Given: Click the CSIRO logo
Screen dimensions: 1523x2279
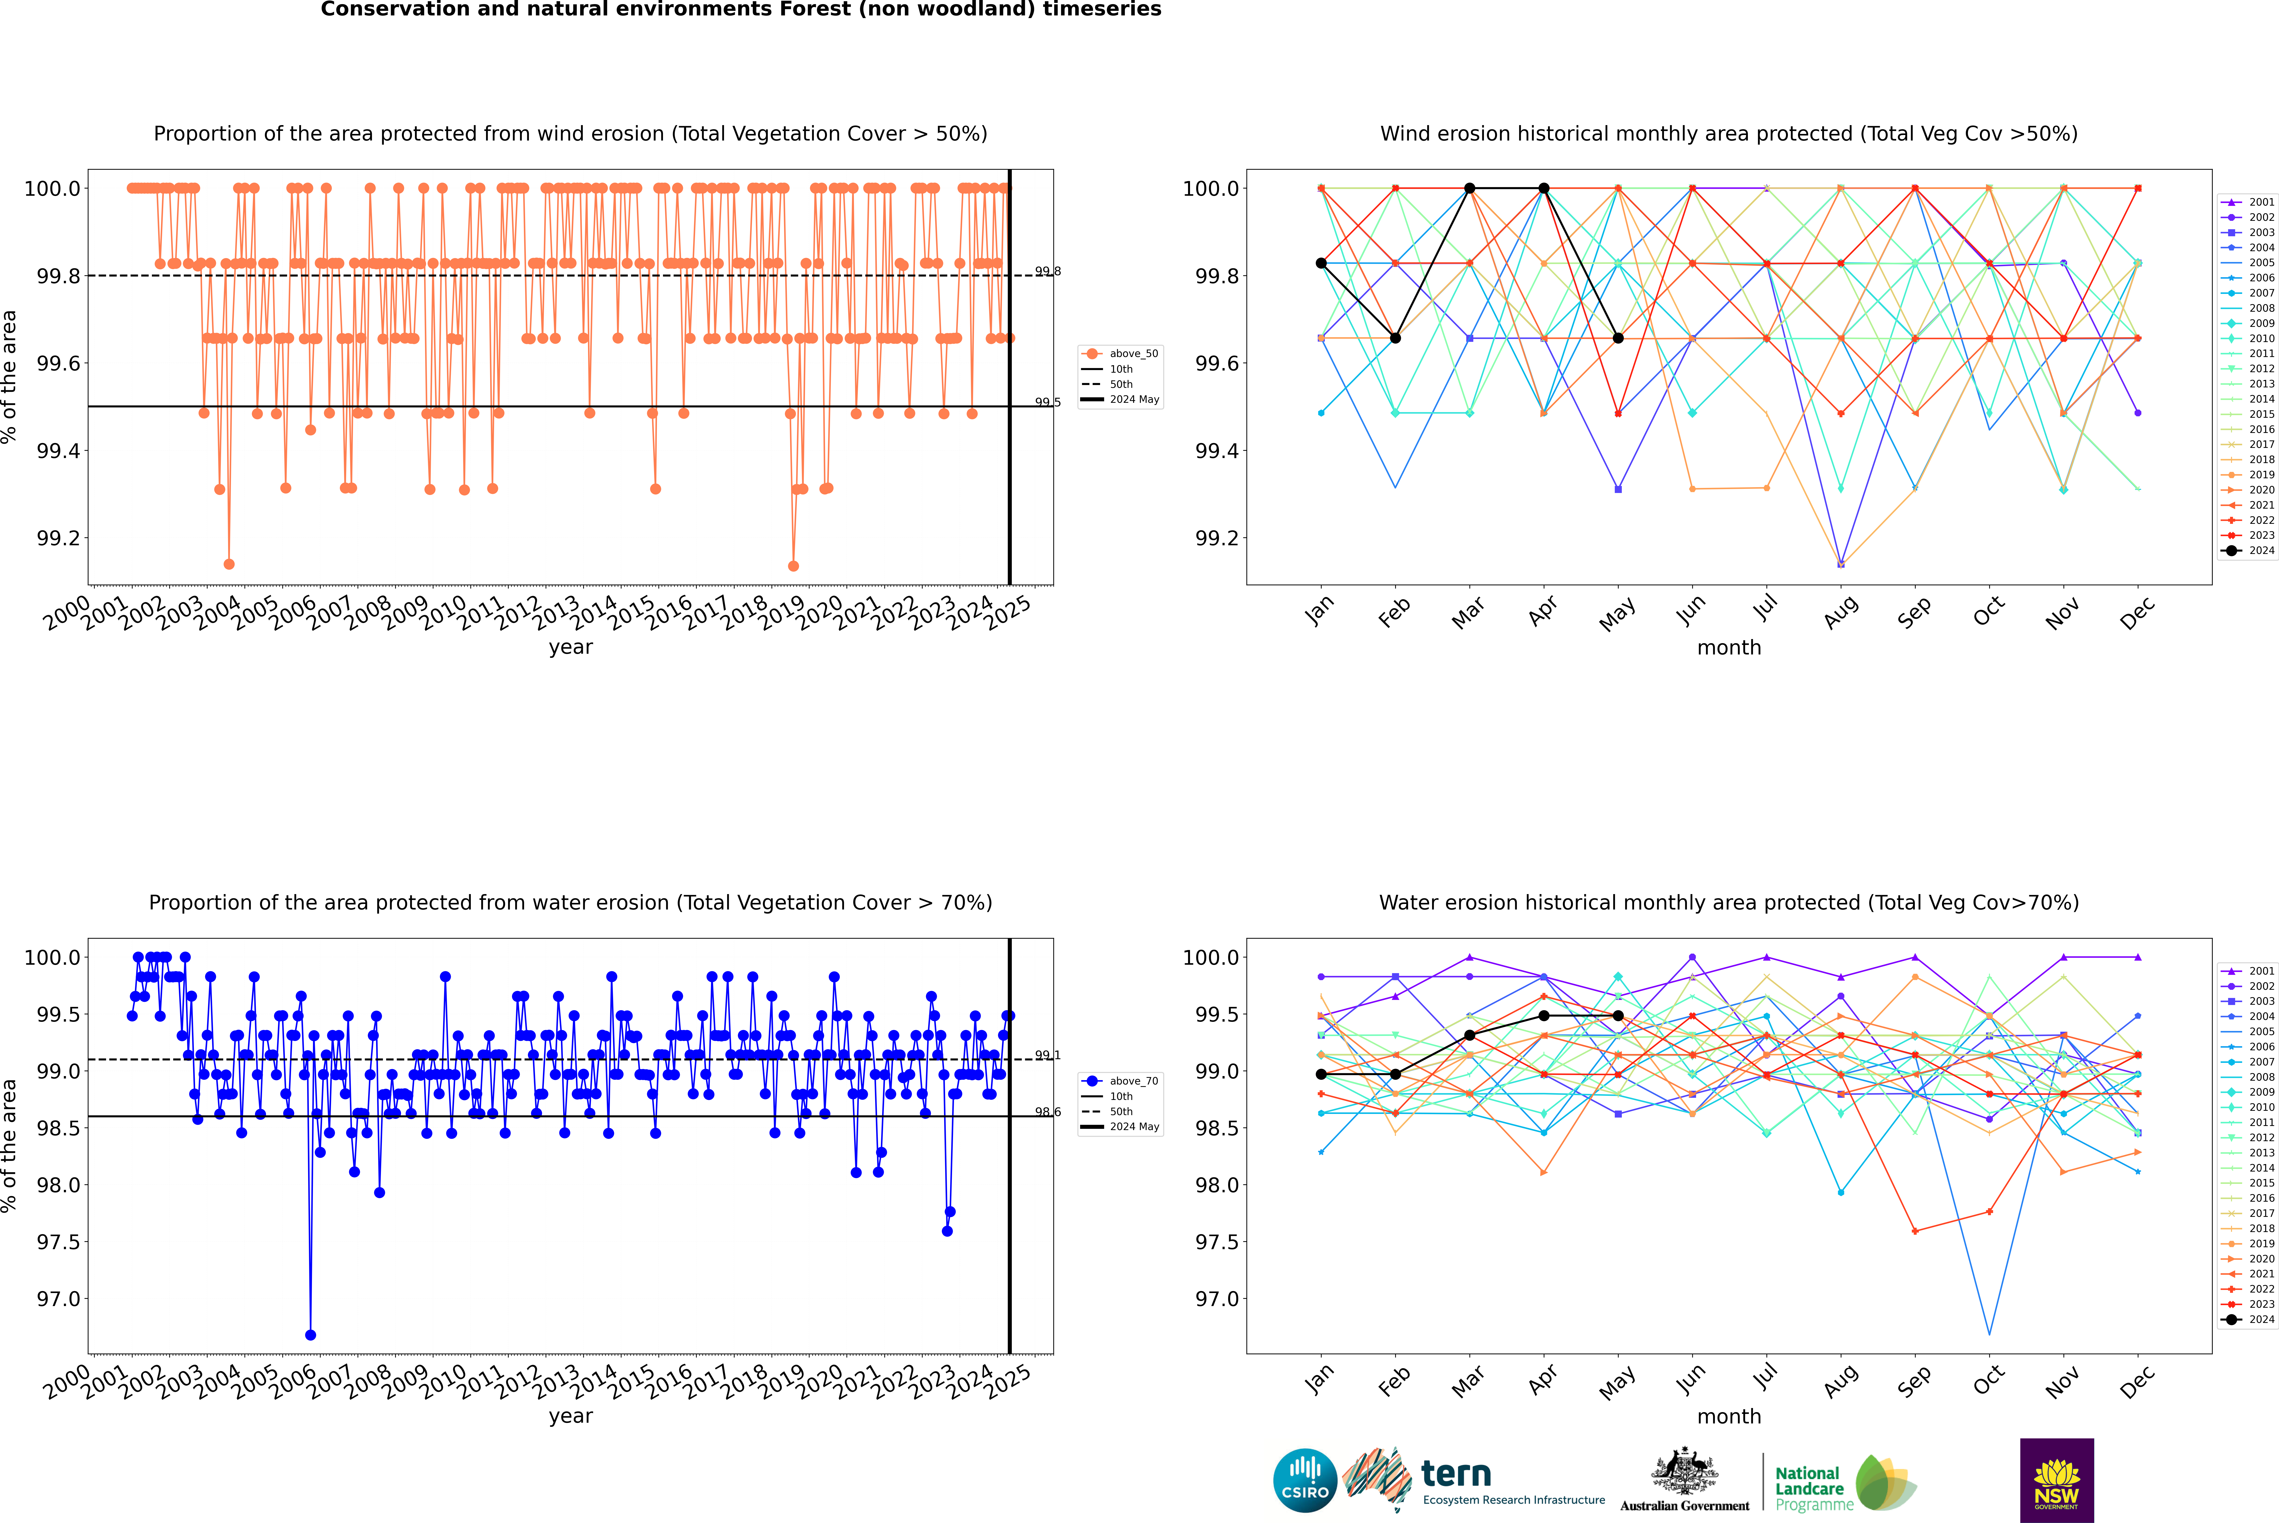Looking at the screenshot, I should [x=1305, y=1480].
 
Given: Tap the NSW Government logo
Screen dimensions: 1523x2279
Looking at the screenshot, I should [x=2056, y=1480].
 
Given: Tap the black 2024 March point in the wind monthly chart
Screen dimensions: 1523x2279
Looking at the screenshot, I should [x=1470, y=189].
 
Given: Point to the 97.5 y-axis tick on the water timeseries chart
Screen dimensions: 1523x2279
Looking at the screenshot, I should [x=58, y=1242].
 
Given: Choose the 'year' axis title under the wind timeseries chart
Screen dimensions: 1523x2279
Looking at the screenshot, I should [x=570, y=647].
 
